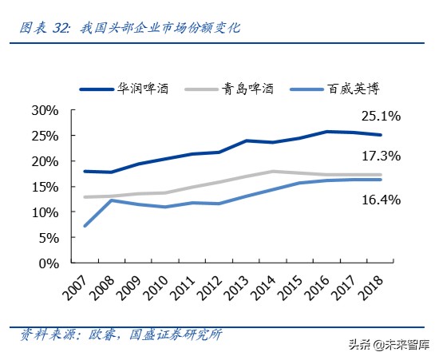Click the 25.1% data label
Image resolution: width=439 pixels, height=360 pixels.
[x=381, y=117]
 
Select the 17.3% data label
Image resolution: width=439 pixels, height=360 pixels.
[x=381, y=155]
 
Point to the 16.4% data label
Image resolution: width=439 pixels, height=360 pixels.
[x=381, y=200]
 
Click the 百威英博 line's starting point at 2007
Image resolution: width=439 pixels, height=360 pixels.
[x=85, y=226]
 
